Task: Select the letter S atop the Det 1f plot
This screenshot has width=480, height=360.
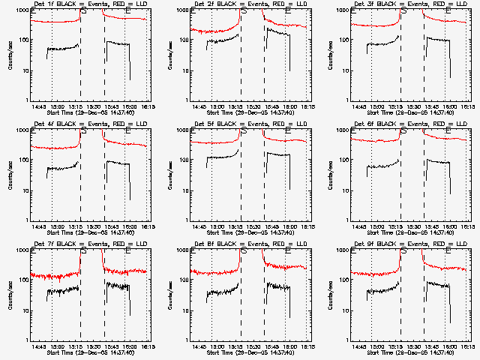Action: (x=83, y=13)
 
